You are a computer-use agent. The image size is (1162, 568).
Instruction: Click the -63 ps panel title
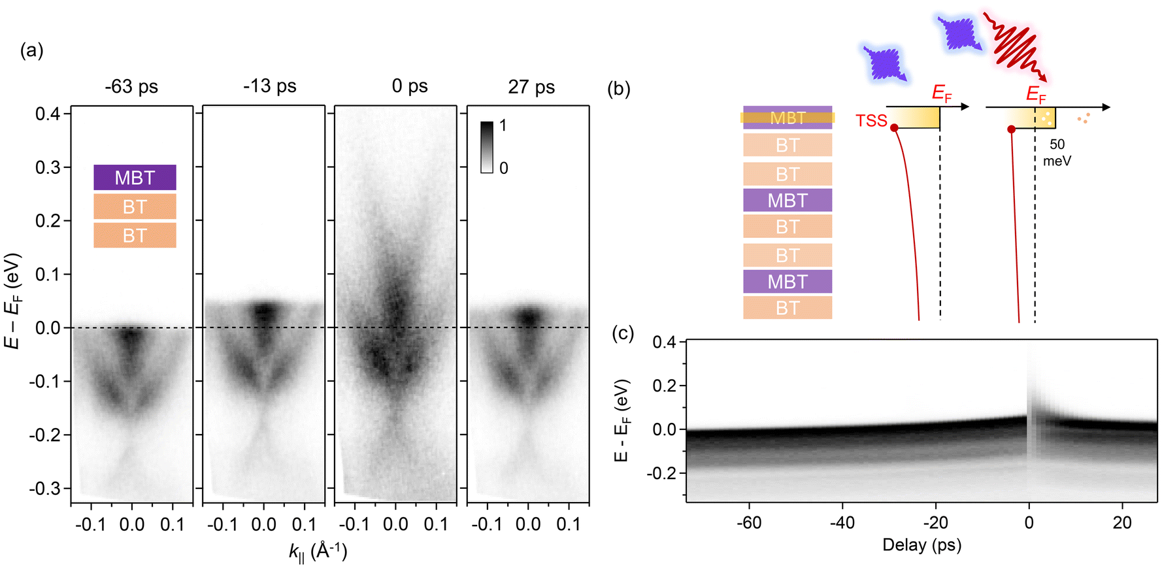131,86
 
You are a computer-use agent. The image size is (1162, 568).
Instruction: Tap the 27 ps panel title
531,86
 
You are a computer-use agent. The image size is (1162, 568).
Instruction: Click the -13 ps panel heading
270,86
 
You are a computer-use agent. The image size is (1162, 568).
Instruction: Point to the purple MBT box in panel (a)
135,178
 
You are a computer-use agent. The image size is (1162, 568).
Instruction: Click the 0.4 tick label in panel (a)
48,114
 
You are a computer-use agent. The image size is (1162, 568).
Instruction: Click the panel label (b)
619,89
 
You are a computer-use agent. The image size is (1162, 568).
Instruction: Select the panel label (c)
623,333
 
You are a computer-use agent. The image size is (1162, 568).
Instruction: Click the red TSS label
871,120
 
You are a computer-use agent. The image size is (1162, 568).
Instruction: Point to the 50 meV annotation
1057,152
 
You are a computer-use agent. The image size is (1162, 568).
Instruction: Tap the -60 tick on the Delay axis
749,522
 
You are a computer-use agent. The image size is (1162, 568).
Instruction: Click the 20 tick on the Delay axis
1122,522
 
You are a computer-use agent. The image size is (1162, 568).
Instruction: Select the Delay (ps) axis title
921,545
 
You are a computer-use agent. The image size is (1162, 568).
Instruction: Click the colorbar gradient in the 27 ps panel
487,147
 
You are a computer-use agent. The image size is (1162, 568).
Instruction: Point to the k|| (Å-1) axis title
318,551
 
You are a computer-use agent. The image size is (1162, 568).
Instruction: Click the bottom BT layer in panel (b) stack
788,308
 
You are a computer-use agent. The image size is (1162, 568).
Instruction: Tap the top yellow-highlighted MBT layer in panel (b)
788,118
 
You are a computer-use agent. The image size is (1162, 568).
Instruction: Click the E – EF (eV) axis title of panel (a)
13,301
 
